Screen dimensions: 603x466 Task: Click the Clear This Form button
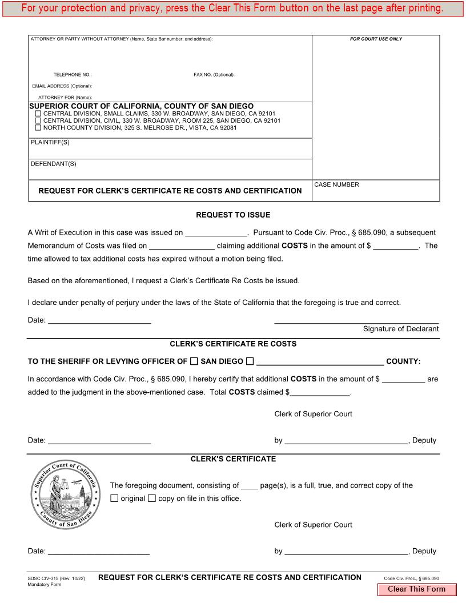pos(416,589)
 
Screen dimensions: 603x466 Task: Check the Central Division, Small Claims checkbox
pos(38,114)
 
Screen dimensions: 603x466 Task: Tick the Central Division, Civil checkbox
pos(38,120)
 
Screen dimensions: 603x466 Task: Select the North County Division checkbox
pos(38,127)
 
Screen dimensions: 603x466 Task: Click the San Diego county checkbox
pos(194,361)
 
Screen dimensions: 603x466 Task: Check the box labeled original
pos(114,498)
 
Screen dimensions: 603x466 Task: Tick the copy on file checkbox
pos(152,498)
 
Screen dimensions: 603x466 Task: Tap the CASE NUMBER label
pos(336,184)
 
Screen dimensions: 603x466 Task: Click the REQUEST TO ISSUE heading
pos(233,215)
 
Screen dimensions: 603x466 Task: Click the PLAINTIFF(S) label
pos(50,142)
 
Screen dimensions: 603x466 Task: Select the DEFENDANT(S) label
pos(53,164)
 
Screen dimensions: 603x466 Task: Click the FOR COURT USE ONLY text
pos(376,39)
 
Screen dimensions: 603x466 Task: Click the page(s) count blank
pos(249,485)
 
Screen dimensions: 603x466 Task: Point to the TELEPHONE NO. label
pos(73,75)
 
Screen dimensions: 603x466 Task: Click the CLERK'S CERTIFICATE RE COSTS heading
pos(233,344)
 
